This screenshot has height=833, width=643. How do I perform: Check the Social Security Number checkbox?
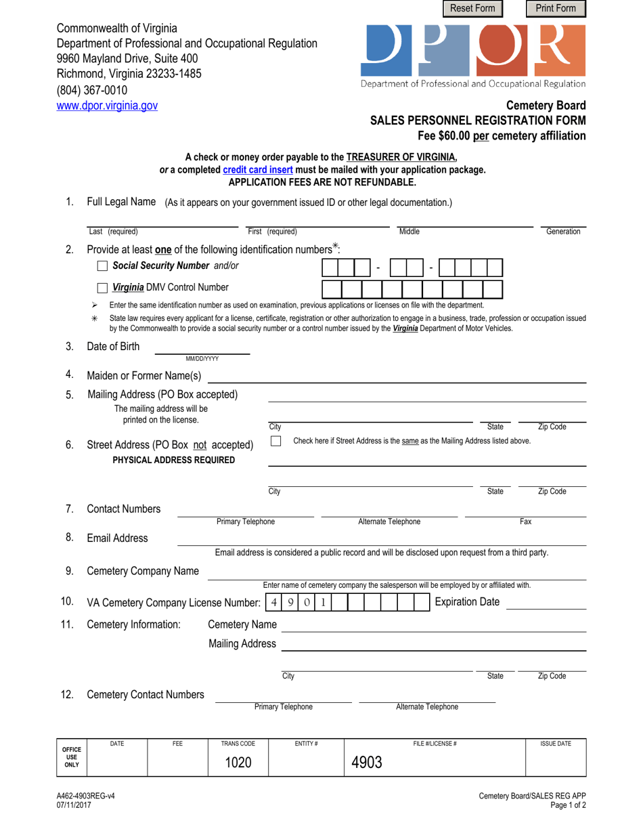[102, 266]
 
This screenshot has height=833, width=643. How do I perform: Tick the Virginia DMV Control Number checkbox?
[102, 288]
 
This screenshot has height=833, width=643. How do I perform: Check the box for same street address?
[276, 442]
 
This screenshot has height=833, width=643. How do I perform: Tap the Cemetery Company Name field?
[396, 572]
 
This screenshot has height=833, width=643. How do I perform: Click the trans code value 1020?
[238, 763]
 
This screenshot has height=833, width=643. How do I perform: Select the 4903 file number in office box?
[367, 763]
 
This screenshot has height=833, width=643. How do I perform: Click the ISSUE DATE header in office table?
[555, 744]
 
